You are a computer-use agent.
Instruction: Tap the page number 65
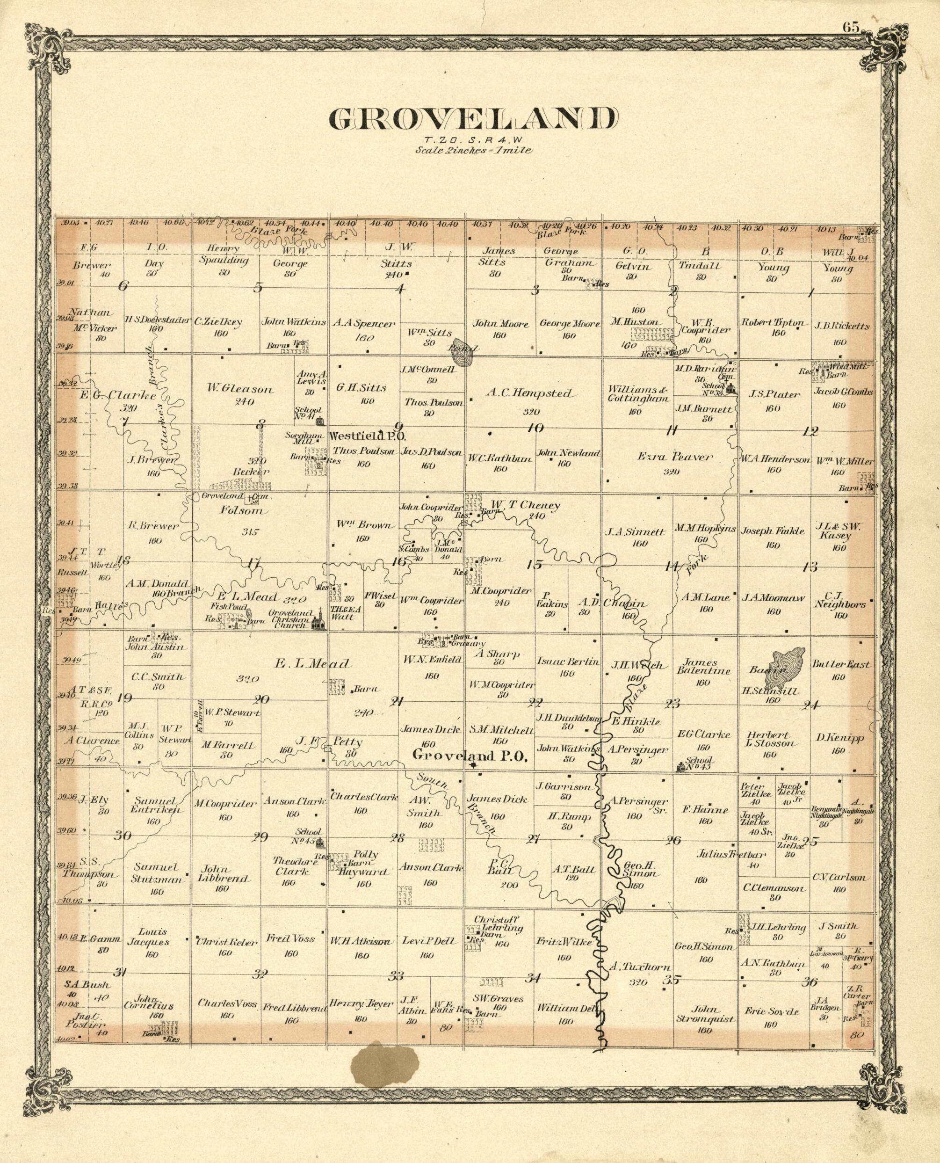[851, 27]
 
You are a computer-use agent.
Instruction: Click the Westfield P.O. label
[367, 436]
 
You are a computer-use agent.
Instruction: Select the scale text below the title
[473, 150]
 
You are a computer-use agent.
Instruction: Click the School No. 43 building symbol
[682, 766]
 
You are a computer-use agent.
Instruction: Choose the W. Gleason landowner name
[240, 388]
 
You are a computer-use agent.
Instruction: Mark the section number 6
[123, 285]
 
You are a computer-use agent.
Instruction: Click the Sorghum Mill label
[299, 436]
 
